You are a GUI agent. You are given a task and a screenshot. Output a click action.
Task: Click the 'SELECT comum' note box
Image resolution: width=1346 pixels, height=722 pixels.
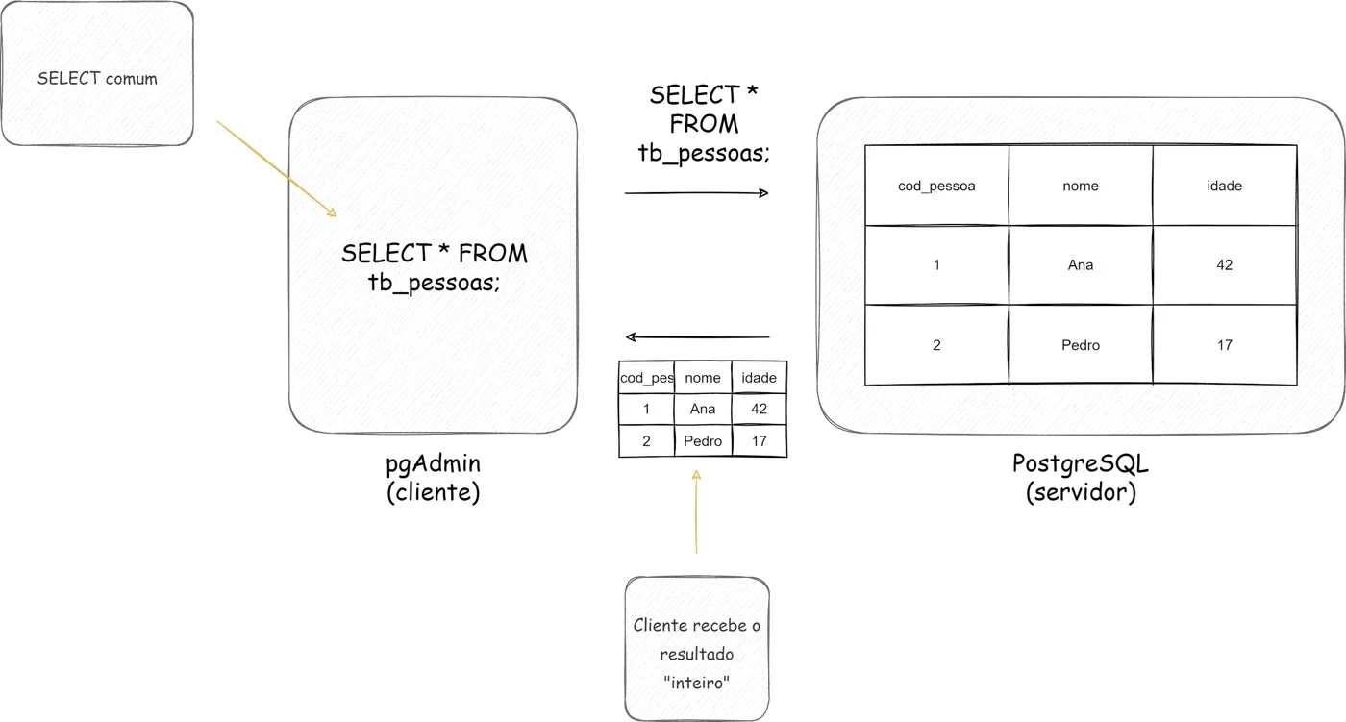(x=97, y=73)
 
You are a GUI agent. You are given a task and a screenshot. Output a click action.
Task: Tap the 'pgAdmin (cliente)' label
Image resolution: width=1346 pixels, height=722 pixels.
(x=434, y=478)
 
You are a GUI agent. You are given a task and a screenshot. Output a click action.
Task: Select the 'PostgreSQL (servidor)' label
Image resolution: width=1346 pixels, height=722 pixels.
(x=1081, y=478)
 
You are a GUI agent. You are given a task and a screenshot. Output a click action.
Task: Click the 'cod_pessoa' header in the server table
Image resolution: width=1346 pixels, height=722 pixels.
(x=936, y=186)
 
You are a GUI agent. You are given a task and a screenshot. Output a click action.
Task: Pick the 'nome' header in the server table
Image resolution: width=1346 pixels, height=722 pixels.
(x=1081, y=186)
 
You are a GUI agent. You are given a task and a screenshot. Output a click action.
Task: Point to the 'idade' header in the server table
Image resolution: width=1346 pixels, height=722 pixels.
(x=1225, y=186)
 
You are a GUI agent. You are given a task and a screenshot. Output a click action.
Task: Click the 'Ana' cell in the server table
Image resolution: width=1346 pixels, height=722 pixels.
(x=1081, y=265)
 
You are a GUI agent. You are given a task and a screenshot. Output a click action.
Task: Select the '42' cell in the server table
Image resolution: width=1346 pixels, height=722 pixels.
(x=1225, y=265)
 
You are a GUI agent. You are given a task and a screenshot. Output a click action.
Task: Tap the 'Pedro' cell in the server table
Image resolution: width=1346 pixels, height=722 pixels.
(x=1081, y=345)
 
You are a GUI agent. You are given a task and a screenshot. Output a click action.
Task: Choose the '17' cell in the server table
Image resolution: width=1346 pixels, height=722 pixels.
(x=1225, y=345)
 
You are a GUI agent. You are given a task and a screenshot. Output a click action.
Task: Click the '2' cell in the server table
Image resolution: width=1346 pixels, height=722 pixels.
(x=936, y=345)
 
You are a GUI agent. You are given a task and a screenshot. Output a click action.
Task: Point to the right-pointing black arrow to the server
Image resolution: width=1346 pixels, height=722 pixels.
(x=697, y=193)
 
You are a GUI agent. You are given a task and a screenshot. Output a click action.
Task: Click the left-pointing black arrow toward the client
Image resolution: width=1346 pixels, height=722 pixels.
(x=697, y=337)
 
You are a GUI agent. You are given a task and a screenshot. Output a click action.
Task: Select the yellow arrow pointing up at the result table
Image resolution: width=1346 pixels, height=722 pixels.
(x=696, y=511)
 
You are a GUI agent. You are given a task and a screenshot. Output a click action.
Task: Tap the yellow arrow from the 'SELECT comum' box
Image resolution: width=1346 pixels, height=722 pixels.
(x=277, y=169)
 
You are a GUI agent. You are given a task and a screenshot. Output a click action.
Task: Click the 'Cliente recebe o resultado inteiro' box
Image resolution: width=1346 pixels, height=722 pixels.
(x=697, y=649)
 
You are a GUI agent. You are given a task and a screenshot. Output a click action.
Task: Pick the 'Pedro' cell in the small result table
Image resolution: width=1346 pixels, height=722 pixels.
(x=703, y=441)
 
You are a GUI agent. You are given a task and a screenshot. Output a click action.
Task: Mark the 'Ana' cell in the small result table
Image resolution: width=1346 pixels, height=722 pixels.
(x=703, y=409)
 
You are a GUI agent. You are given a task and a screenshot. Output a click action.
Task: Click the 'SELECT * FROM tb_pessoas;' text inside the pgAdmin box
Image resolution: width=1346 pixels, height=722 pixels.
(x=435, y=267)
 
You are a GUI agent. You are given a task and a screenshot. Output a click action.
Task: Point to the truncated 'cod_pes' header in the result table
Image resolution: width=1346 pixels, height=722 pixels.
(x=646, y=377)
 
